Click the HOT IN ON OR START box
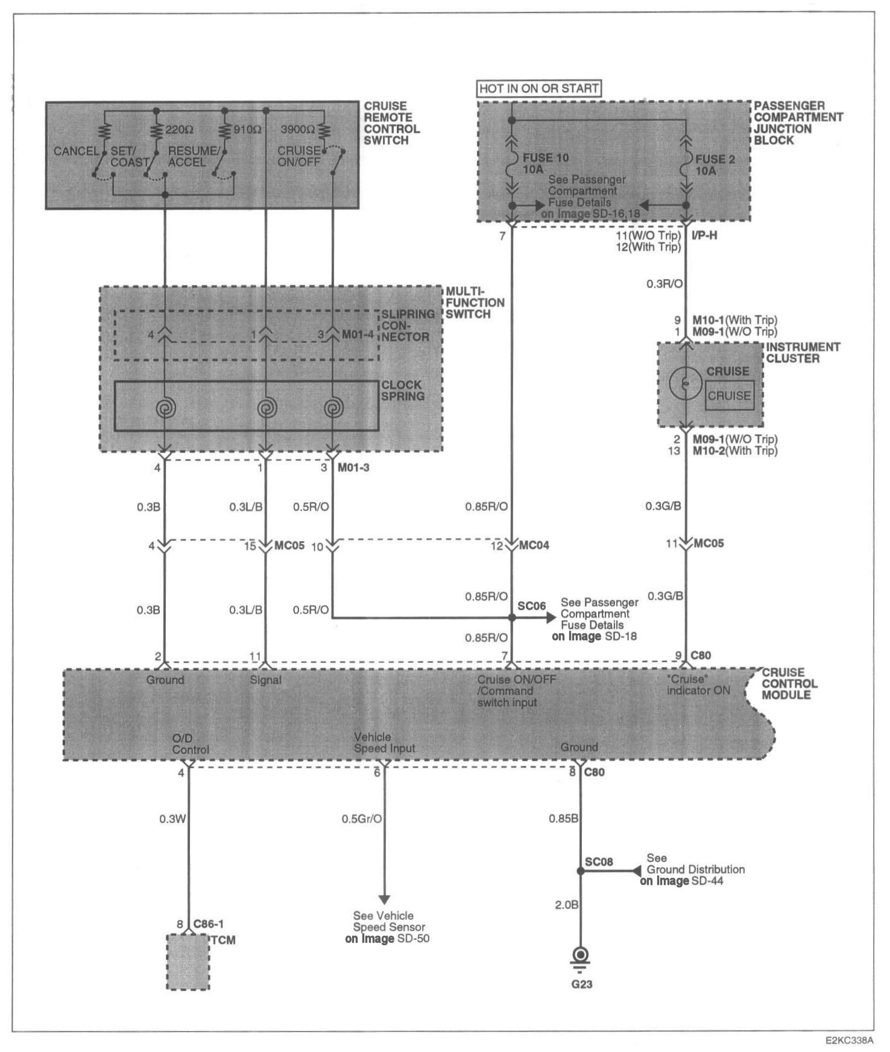(540, 89)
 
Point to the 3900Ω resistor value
(297, 130)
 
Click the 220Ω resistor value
(179, 130)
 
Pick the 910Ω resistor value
(247, 130)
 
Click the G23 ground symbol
(581, 958)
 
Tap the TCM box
(188, 962)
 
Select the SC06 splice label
(532, 606)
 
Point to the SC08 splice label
(599, 862)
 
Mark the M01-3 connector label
(353, 468)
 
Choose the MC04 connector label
(534, 546)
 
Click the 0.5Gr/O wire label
(362, 819)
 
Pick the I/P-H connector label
(704, 236)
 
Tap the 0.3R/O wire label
(664, 284)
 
